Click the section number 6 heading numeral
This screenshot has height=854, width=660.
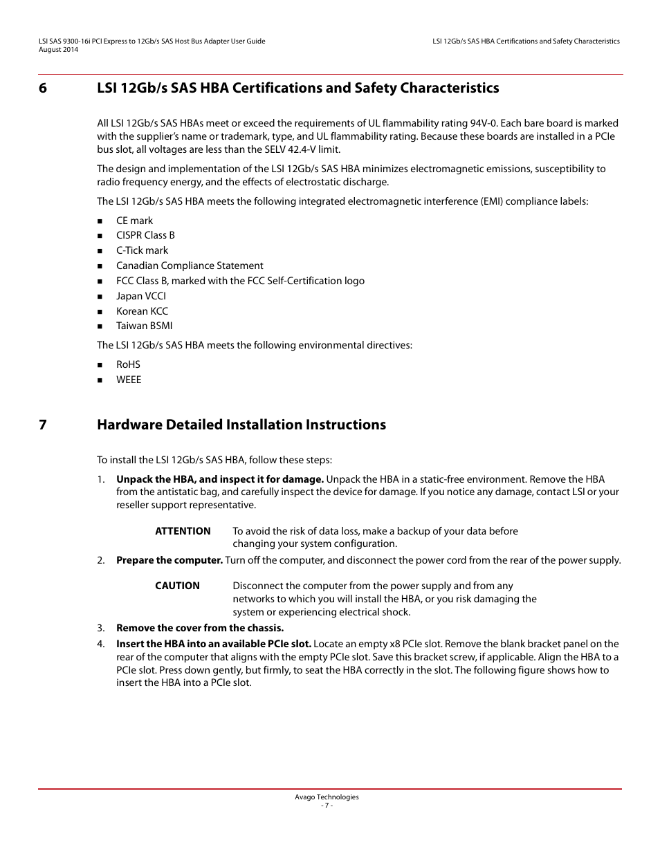click(43, 88)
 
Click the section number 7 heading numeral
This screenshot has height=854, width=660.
click(43, 425)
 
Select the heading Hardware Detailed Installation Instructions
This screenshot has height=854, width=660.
click(241, 425)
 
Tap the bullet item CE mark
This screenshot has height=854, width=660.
click(134, 221)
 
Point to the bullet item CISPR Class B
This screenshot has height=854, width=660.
click(145, 235)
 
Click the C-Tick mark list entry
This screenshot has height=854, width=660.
click(142, 250)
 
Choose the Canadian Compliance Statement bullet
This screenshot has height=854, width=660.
click(190, 266)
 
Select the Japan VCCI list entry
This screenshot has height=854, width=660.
click(140, 296)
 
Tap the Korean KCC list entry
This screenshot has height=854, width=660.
click(142, 311)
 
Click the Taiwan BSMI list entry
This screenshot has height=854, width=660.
click(144, 326)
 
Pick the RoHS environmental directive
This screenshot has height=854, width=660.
click(128, 364)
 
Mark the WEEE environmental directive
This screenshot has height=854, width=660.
click(128, 380)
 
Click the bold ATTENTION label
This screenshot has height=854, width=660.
click(183, 531)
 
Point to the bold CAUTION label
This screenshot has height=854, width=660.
click(177, 586)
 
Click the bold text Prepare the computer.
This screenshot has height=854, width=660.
click(169, 560)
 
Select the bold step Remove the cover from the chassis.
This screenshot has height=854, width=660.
click(200, 628)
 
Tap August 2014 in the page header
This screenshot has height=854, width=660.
click(58, 50)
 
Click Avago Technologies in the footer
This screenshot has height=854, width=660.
click(327, 797)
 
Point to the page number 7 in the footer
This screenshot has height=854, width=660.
click(327, 806)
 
